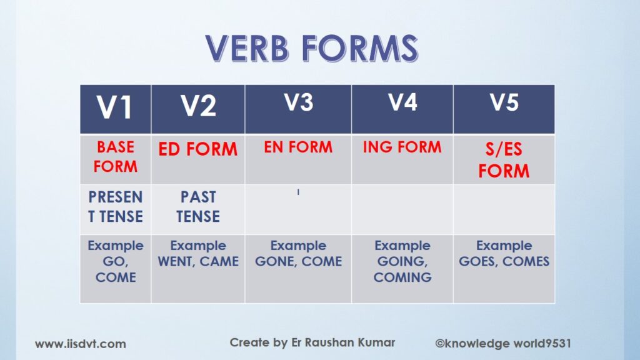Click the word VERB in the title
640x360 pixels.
point(247,48)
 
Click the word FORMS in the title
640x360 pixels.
point(360,48)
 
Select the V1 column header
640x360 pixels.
point(116,109)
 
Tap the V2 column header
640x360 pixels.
point(198,109)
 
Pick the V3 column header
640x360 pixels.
point(298,109)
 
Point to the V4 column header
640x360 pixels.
point(402,109)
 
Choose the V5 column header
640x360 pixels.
point(504,109)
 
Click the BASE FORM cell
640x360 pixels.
point(116,159)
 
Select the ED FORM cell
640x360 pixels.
point(198,159)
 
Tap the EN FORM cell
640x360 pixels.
point(298,159)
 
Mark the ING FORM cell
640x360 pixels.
point(402,159)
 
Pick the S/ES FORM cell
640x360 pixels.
point(504,159)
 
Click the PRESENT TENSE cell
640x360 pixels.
point(116,209)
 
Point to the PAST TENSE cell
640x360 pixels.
point(198,209)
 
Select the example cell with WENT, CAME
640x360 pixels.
point(198,269)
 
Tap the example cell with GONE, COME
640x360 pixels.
point(298,269)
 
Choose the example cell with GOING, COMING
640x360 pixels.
point(402,269)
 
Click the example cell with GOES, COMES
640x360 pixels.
point(504,269)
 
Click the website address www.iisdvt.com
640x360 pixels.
point(81,344)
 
